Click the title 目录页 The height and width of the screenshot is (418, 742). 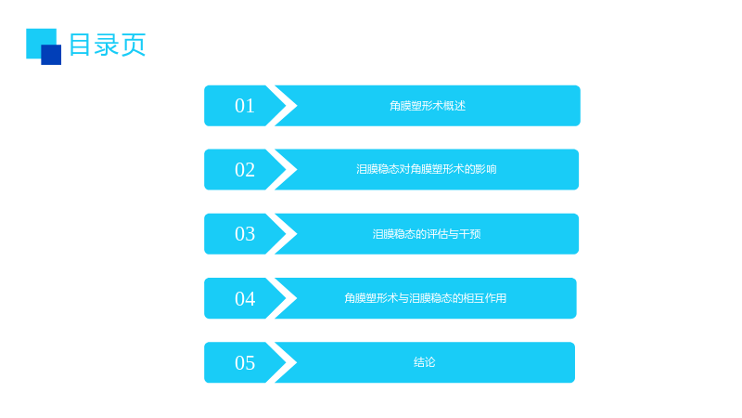pyautogui.click(x=108, y=45)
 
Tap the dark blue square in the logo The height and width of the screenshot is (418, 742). pyautogui.click(x=51, y=55)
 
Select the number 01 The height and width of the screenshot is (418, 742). pyautogui.click(x=245, y=106)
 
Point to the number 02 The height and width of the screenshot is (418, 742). pyautogui.click(x=245, y=170)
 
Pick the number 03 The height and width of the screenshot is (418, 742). pyautogui.click(x=245, y=234)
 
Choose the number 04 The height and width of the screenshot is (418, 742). pyautogui.click(x=245, y=298)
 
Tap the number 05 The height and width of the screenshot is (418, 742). pyautogui.click(x=245, y=362)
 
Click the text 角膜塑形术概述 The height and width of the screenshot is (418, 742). pyautogui.click(x=428, y=106)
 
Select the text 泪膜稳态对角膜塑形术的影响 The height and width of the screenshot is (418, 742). pyautogui.click(x=427, y=169)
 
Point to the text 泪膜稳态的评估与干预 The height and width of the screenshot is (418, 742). pyautogui.click(x=427, y=234)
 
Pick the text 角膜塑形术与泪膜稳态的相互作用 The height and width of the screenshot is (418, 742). pyautogui.click(x=425, y=298)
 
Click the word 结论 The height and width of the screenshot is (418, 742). pyautogui.click(x=425, y=362)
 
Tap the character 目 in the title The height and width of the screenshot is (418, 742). pyautogui.click(x=80, y=45)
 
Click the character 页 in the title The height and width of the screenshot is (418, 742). pyautogui.click(x=134, y=45)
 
